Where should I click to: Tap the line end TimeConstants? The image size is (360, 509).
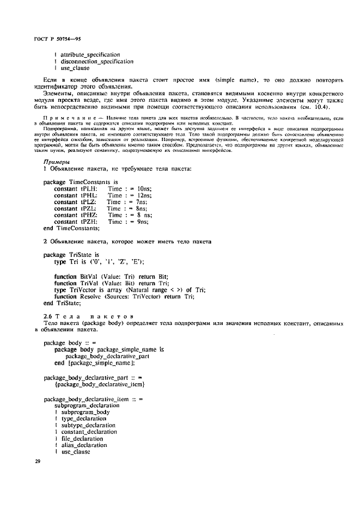(68, 229)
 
